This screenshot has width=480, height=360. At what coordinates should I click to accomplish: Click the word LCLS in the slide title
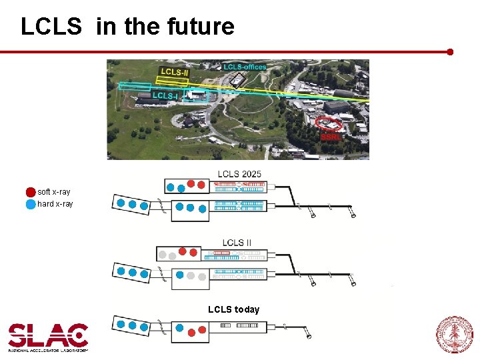pos(51,27)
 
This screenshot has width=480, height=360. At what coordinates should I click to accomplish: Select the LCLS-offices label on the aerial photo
pos(245,67)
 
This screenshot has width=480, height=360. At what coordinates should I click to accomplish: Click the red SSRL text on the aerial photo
pos(331,137)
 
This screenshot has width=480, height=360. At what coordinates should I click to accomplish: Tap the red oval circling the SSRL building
pos(328,123)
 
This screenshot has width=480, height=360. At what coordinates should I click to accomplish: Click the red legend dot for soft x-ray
pos(31,192)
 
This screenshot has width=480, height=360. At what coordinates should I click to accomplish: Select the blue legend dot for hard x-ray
pos(31,204)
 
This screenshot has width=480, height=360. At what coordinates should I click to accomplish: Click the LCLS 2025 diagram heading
pos(239,174)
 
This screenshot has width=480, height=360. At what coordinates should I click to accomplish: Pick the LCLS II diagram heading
pos(237,243)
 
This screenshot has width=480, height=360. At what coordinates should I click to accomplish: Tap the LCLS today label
pos(233,309)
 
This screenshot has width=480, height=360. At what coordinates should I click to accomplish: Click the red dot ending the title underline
pos(451,51)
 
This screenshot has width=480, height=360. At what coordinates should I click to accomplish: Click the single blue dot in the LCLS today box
pos(180,327)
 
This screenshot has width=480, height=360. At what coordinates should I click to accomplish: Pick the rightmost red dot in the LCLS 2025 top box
pos(201,184)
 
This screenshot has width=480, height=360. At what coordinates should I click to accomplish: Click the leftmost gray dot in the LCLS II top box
pos(161,254)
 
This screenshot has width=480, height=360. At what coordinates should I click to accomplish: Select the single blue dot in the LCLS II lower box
pos(179,274)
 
